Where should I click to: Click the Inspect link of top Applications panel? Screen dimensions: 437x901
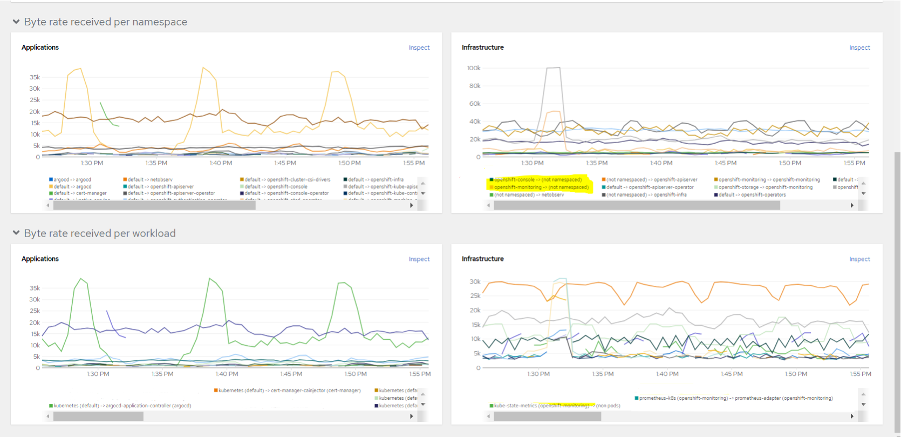coord(419,48)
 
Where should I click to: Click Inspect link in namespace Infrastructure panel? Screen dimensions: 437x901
coord(859,48)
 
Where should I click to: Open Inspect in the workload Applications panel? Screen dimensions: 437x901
coord(419,259)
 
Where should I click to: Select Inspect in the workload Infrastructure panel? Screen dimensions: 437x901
coord(859,259)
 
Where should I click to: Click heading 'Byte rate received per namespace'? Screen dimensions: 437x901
coord(105,22)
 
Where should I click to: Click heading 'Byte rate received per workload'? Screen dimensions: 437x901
coord(100,233)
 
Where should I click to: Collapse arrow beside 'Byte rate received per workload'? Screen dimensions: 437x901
coord(16,233)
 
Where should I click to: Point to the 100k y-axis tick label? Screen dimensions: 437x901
coord(473,68)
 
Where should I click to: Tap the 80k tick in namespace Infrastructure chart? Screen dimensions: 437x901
coord(474,86)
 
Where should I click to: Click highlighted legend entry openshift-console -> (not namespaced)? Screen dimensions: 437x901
coord(537,180)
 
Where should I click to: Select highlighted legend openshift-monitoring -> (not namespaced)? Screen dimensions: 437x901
coord(541,187)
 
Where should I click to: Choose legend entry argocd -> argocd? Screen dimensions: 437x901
coord(72,180)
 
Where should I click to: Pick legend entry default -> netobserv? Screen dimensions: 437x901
coord(149,180)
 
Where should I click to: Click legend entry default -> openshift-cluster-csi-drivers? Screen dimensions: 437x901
coord(286,180)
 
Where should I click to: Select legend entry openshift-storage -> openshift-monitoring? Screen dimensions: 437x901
coord(765,187)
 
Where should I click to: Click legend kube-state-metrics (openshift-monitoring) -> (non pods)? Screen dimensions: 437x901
coord(556,406)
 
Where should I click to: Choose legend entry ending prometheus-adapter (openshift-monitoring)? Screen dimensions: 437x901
coord(735,398)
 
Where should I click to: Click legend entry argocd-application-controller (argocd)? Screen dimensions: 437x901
coord(122,406)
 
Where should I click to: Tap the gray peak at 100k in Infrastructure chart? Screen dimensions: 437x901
coord(554,68)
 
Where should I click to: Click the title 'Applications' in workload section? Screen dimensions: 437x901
coord(40,259)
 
